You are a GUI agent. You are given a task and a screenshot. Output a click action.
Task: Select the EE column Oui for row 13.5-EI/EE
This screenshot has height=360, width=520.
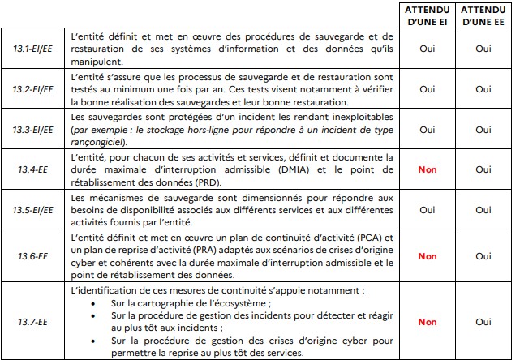coord(483,209)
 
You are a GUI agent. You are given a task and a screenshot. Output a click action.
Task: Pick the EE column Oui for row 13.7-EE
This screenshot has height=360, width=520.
coord(483,322)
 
